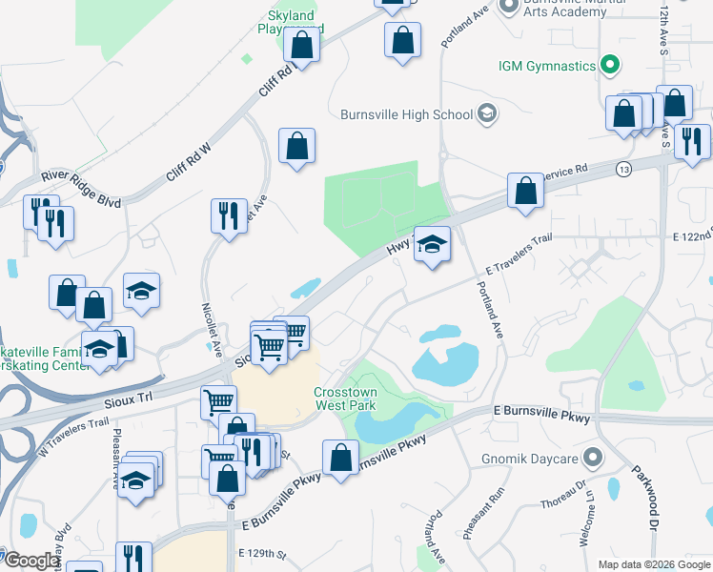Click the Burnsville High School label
pyautogui.click(x=406, y=114)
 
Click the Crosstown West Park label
pyautogui.click(x=346, y=398)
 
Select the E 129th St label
pyautogui.click(x=263, y=553)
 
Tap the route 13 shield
pyautogui.click(x=624, y=169)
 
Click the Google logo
pyautogui.click(x=31, y=561)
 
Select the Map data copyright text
pyautogui.click(x=653, y=564)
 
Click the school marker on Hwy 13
pyautogui.click(x=432, y=246)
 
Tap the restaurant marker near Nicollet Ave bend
pyautogui.click(x=229, y=215)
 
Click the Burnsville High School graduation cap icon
pyautogui.click(x=487, y=114)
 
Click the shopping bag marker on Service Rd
pyautogui.click(x=525, y=191)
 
